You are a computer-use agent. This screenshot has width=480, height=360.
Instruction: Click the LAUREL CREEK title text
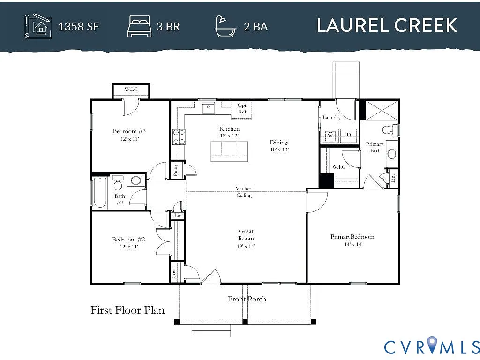pos(387,25)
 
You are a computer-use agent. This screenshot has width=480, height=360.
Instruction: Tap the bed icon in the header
pos(139,26)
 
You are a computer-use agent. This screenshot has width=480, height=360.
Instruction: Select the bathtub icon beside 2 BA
pos(226,26)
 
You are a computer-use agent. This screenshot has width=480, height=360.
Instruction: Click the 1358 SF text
pos(78,26)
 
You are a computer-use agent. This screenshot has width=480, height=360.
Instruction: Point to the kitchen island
pos(229,151)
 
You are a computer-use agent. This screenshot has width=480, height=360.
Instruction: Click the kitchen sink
pos(208,108)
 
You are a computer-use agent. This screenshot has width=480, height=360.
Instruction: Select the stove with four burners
pos(179,136)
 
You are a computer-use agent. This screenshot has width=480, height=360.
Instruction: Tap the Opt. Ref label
pos(242,108)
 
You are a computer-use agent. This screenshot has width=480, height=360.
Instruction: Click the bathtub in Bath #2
pos(100,192)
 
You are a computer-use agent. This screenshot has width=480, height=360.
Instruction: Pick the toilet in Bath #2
pos(118,184)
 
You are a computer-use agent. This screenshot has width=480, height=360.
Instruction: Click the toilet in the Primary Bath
pos(389,129)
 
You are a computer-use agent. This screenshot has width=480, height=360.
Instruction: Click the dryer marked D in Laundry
pos(348,135)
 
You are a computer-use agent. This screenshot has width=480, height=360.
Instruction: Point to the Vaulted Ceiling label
pos(244,192)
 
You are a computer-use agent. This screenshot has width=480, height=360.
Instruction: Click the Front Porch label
pos(247,299)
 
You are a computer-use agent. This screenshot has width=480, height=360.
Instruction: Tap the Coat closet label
pos(173,273)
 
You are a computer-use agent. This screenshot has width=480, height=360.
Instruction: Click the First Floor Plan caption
pos(127,310)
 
